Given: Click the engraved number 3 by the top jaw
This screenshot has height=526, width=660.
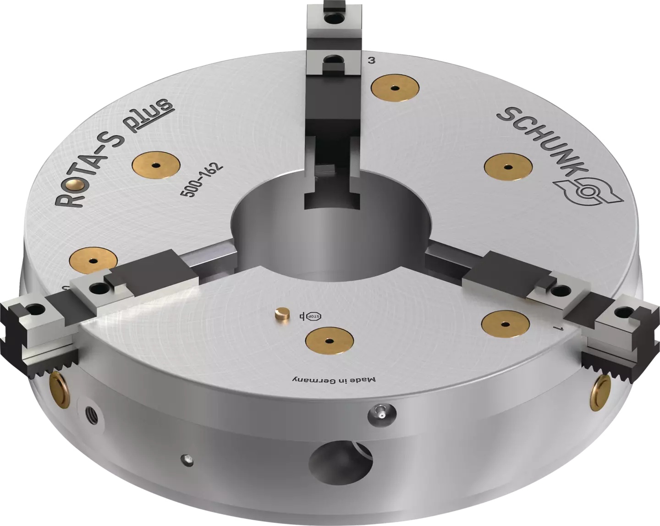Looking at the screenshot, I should point(372,60).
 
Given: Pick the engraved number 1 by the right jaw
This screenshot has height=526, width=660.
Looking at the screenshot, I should point(556,329).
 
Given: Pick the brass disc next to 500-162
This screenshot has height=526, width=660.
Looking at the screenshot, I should point(156,164).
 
